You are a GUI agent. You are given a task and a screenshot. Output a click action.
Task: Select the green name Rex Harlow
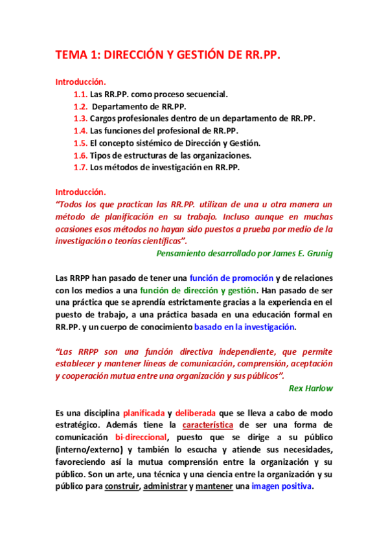click(x=311, y=388)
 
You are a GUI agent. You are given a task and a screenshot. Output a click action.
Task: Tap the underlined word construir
click(x=122, y=486)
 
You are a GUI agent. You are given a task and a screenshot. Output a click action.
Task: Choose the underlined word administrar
click(x=165, y=486)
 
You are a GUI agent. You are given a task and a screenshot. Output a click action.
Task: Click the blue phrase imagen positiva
click(x=282, y=486)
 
